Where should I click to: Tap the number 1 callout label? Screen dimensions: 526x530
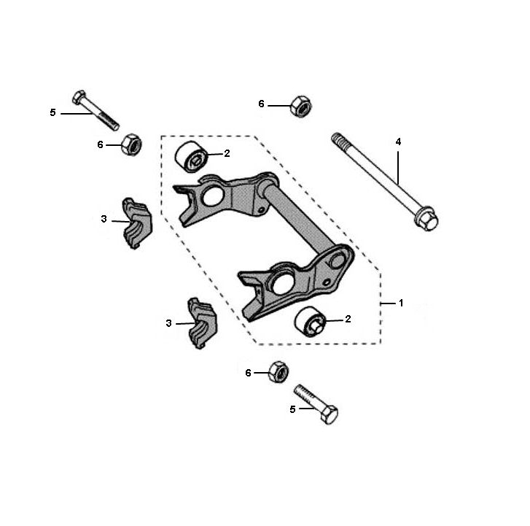tap(400, 301)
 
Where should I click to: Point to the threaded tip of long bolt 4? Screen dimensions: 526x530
tap(337, 138)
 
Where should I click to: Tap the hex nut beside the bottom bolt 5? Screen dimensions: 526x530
tap(278, 371)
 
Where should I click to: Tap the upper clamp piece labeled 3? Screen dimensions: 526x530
tap(136, 223)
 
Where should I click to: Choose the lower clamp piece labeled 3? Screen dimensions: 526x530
tap(200, 323)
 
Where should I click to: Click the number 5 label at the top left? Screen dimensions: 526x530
tap(52, 112)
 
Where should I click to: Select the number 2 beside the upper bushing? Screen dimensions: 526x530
tap(227, 153)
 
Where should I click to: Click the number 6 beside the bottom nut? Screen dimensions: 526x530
tap(248, 373)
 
